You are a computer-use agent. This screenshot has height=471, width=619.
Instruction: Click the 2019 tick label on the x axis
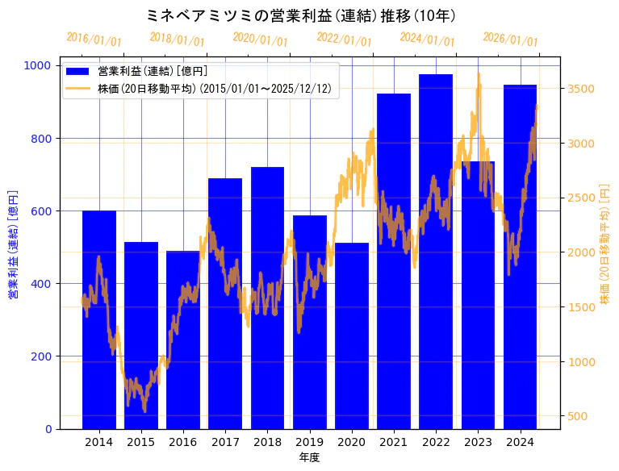(310, 442)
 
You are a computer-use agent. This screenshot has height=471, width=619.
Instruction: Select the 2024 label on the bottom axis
(521, 442)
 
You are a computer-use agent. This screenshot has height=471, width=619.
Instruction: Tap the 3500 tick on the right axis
(582, 89)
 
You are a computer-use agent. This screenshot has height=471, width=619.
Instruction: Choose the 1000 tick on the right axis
(582, 361)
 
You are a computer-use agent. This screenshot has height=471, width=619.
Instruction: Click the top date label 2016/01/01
(94, 40)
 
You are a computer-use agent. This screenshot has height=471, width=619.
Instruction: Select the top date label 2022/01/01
(345, 40)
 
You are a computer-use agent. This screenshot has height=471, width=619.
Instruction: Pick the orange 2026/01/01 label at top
(510, 40)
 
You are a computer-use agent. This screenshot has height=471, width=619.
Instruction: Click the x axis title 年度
(309, 457)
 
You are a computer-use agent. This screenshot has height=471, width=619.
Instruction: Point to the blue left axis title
(13, 246)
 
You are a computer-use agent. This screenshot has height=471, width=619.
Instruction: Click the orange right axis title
(605, 246)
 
